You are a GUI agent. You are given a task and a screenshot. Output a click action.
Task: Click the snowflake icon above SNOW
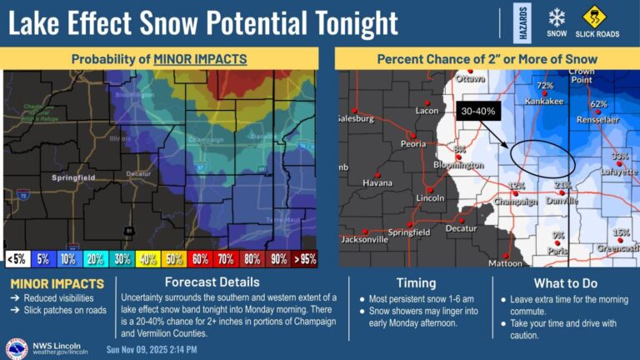[x=557, y=17]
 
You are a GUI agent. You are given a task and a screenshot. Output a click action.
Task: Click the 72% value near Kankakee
[x=545, y=85]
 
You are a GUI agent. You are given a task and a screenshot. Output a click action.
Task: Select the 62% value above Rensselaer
[x=597, y=104]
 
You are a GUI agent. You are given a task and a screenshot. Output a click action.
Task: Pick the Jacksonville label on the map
[x=364, y=239]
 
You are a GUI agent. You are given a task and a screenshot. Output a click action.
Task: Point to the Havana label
[x=377, y=182]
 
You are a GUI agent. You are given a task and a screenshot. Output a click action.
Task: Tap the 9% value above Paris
[x=557, y=235]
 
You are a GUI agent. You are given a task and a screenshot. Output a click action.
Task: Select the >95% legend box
[x=305, y=259]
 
